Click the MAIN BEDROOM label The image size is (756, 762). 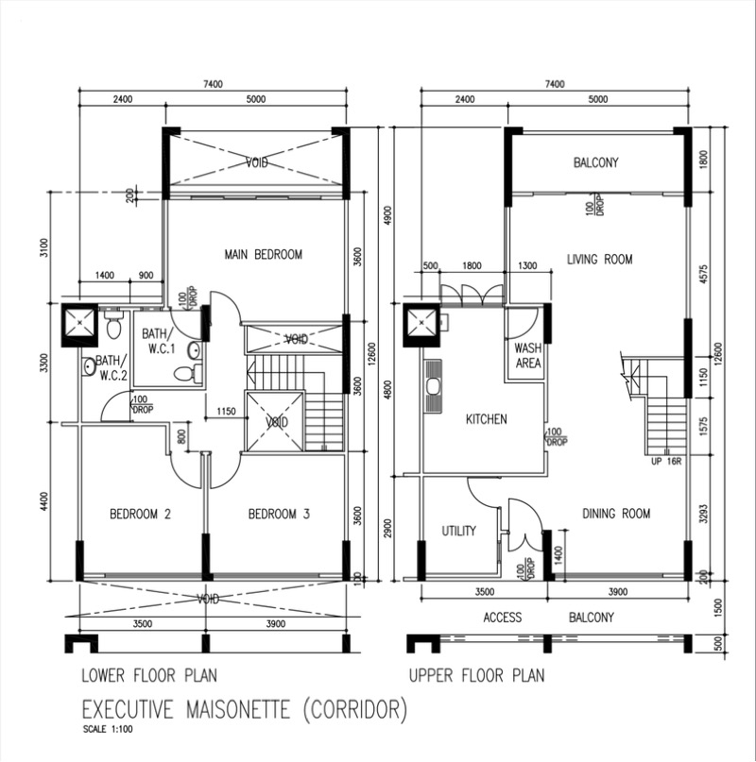[x=264, y=254]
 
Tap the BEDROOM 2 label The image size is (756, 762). [x=140, y=514]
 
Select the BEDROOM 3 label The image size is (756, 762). [x=279, y=514]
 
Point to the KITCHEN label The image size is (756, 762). [x=486, y=419]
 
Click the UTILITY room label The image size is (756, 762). [x=458, y=531]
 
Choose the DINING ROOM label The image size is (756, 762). [x=616, y=513]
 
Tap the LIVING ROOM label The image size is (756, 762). [x=600, y=259]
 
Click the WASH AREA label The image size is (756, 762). [x=528, y=355]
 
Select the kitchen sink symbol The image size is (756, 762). [x=433, y=387]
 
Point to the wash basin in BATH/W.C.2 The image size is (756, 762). [x=89, y=367]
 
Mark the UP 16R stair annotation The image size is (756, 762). [x=666, y=461]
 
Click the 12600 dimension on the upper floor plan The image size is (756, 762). [x=719, y=353]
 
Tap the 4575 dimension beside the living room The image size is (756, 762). [x=703, y=275]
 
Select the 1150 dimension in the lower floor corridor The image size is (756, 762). [x=226, y=411]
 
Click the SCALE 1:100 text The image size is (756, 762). [x=108, y=729]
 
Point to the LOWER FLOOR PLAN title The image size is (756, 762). [x=149, y=675]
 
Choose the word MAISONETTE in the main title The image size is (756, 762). [x=238, y=709]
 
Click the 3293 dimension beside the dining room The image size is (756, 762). [x=703, y=513]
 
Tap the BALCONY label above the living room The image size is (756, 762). [x=595, y=161]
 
